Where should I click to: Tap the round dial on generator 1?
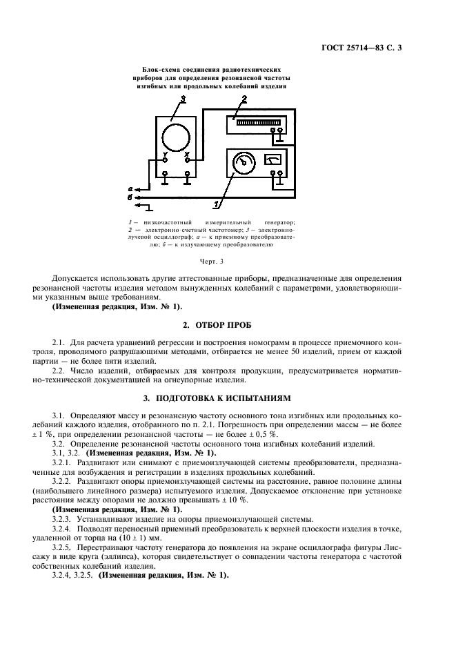coord(243,163)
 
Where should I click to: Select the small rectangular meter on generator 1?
coord(273,160)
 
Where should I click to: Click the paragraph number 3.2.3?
coord(63,518)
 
